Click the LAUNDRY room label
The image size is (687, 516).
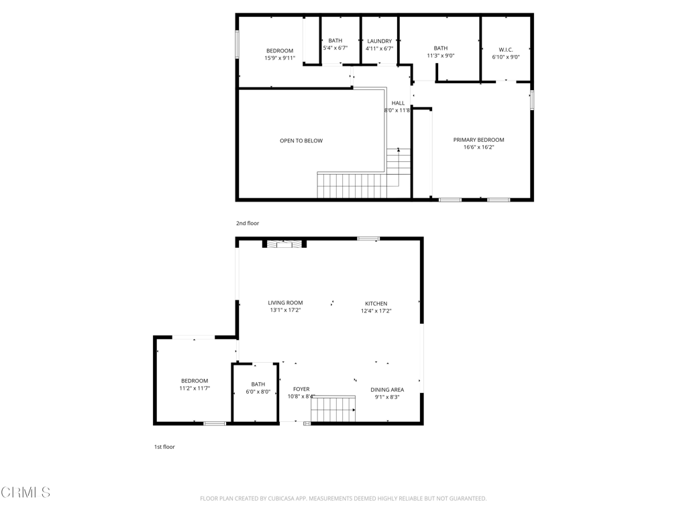click(x=380, y=41)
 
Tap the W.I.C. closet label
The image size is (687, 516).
click(x=506, y=50)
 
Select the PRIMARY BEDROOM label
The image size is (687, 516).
click(x=478, y=140)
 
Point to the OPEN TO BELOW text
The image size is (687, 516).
click(x=301, y=141)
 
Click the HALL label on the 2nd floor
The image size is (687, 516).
click(x=398, y=103)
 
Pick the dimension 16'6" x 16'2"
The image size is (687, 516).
click(x=478, y=147)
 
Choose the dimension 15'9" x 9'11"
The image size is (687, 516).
click(x=280, y=58)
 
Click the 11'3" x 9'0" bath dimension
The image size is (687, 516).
click(x=440, y=56)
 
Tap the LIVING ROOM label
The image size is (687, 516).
click(x=285, y=303)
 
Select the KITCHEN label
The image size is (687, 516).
click(x=376, y=304)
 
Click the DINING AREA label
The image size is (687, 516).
click(x=387, y=390)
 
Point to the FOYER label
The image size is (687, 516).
click(x=301, y=389)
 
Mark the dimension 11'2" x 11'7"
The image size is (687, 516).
click(x=195, y=388)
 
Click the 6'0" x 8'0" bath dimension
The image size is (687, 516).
click(x=258, y=392)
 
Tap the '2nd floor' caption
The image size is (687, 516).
click(x=248, y=223)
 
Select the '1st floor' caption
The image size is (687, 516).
click(x=164, y=447)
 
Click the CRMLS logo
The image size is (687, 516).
click(x=25, y=492)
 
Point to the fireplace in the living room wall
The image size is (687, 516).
click(x=284, y=243)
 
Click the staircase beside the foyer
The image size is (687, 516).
click(x=333, y=408)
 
